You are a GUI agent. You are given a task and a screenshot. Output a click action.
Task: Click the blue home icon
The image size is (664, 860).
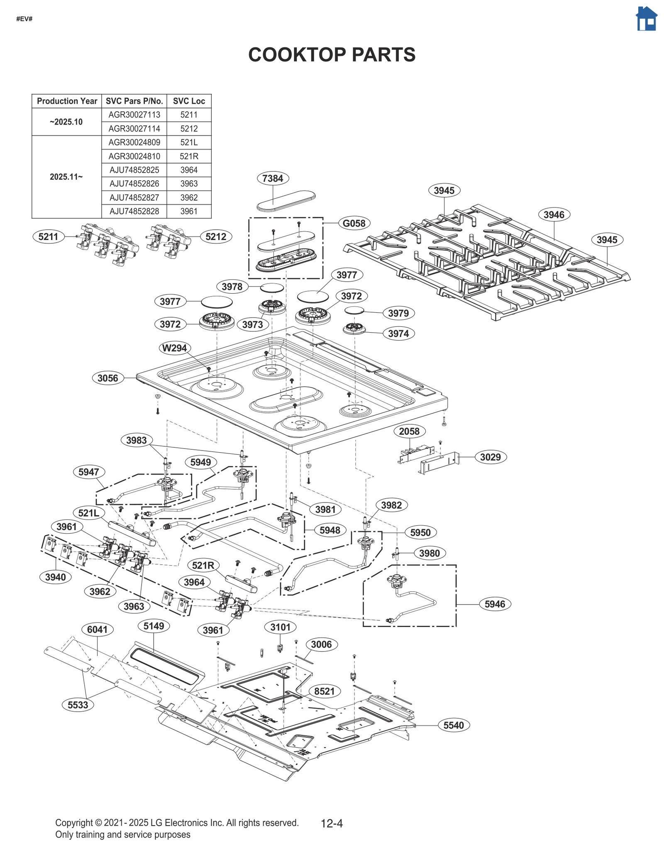tap(646, 19)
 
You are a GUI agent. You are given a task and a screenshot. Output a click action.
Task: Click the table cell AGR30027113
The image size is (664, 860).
tap(134, 115)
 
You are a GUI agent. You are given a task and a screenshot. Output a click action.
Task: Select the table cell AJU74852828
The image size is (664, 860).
tap(134, 211)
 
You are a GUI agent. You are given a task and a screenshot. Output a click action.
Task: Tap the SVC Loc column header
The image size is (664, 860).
tap(189, 101)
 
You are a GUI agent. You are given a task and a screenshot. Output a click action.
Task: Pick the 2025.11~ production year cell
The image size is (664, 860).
tap(66, 176)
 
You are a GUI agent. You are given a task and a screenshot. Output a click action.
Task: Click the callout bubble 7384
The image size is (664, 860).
tap(273, 178)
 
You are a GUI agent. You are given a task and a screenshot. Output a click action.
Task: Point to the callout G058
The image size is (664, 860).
tap(354, 223)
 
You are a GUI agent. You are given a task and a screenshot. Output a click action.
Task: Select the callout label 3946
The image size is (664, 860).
tap(554, 215)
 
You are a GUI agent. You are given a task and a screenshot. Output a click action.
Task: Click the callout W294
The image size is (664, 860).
tap(174, 348)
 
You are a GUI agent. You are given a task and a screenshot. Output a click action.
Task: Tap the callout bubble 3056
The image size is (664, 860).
tap(107, 378)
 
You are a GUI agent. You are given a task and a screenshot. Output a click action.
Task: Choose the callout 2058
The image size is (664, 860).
tap(409, 431)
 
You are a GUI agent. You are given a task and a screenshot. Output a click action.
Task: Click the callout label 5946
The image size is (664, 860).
tap(495, 604)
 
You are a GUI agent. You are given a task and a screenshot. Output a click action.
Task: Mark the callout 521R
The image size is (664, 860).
tap(203, 565)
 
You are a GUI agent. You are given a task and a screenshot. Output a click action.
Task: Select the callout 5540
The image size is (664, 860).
tap(453, 725)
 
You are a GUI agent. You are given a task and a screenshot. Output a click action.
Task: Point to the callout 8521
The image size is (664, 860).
tap(324, 691)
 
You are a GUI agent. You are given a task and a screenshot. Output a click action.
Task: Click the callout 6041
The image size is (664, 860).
tap(97, 629)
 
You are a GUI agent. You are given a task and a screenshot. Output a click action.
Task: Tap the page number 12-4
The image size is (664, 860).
tap(332, 823)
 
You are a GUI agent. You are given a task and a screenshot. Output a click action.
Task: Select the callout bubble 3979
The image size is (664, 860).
tap(398, 313)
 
